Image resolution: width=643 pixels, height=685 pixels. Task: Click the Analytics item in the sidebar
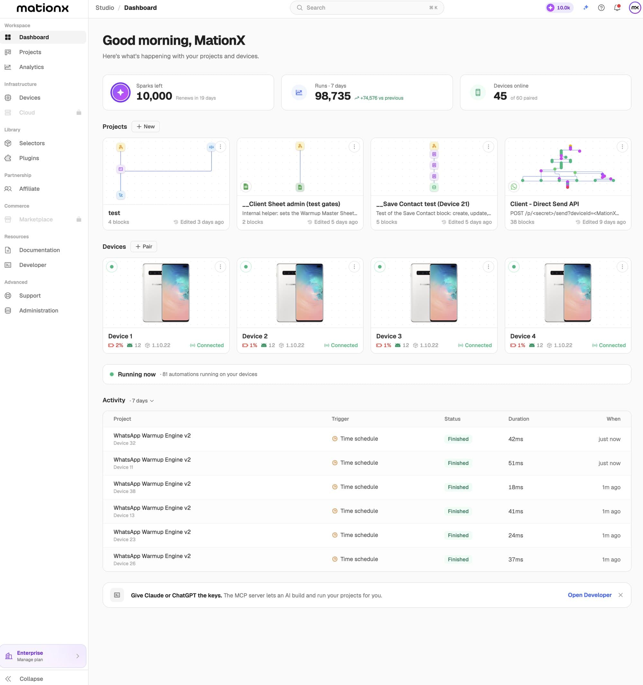[x=32, y=67]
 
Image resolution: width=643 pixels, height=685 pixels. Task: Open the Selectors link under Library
[x=32, y=143]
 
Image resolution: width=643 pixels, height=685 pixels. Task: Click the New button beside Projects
[x=146, y=127]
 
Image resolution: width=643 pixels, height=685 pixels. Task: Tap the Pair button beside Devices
[x=144, y=246]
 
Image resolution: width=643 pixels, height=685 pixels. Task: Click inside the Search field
[x=367, y=8]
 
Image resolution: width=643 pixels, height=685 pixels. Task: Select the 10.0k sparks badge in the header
[x=559, y=8]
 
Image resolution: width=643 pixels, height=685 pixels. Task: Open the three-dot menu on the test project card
[x=220, y=147]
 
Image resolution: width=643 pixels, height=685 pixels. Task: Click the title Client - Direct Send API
[x=544, y=204]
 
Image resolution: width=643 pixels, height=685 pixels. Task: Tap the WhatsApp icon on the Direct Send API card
[x=514, y=186]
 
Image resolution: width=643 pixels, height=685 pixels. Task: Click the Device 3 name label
[x=389, y=336]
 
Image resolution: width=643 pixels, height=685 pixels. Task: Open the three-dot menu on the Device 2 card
[x=354, y=267]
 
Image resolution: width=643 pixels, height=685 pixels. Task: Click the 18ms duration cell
[x=515, y=487]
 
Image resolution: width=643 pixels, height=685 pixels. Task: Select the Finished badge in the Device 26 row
[x=458, y=560]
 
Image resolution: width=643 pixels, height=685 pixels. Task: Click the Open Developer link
[x=590, y=595]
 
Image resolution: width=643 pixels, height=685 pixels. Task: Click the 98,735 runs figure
[x=333, y=96]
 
